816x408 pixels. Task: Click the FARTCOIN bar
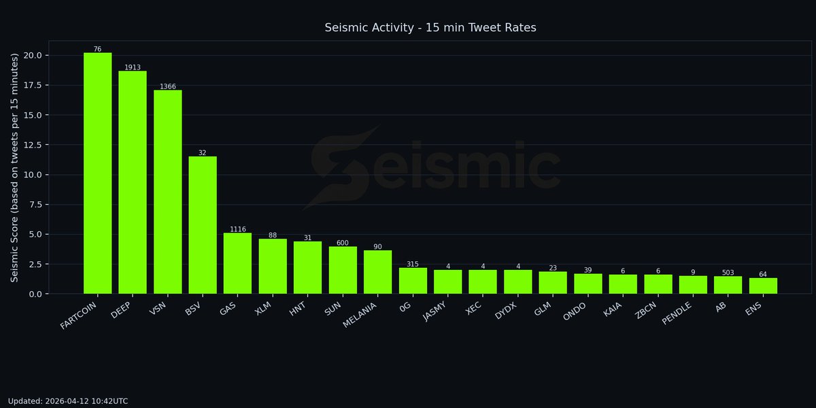tap(97, 173)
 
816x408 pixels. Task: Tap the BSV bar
tap(203, 225)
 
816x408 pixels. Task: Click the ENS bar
tap(763, 286)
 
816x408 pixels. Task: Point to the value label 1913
tap(133, 67)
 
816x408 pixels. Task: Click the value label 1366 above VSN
tap(167, 86)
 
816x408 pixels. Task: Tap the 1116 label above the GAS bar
tap(238, 229)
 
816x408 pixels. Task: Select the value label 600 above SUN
tap(343, 243)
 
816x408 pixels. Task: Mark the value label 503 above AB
tap(728, 273)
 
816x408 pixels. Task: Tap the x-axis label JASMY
tap(436, 313)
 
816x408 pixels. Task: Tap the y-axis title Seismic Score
tap(14, 167)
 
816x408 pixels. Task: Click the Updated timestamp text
tap(68, 401)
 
